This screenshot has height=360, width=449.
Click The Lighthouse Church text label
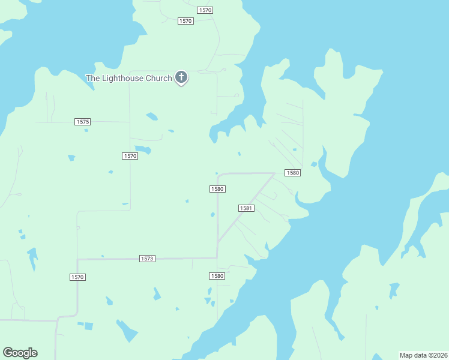(128, 78)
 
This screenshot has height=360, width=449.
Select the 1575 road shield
(83, 122)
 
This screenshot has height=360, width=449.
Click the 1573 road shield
(147, 259)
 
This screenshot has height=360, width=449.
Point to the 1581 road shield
(247, 208)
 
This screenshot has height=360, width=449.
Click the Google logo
(20, 353)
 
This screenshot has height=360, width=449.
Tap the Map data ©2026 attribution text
(423, 355)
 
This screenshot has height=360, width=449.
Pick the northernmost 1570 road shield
(205, 10)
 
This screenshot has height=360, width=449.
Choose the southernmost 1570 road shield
(77, 277)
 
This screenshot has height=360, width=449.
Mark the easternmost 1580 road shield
(292, 173)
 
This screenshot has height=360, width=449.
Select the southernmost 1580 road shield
(217, 276)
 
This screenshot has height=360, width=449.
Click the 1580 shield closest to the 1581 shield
(217, 189)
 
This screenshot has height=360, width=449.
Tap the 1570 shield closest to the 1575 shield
(130, 156)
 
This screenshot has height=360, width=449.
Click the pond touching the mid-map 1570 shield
(143, 149)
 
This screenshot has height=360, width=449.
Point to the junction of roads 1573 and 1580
(217, 258)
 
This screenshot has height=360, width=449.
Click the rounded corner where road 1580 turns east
(219, 175)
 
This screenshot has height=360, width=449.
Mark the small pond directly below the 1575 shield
(86, 130)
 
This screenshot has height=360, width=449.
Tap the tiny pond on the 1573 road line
(103, 256)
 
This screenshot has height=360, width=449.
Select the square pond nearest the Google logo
(88, 326)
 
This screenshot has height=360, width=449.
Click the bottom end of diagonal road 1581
(218, 242)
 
